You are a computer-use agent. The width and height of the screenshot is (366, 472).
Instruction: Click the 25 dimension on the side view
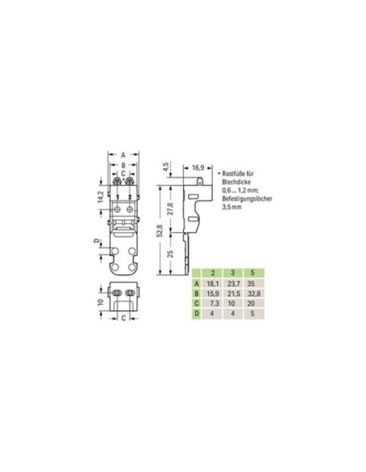(169, 255)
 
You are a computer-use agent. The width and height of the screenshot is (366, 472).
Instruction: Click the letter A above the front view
(122, 154)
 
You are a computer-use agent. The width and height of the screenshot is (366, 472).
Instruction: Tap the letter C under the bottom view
(122, 318)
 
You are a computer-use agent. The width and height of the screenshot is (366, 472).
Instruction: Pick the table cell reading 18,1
(211, 284)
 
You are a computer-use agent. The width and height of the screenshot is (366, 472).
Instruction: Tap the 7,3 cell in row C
(211, 306)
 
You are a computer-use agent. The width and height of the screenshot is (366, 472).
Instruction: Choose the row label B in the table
(195, 294)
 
